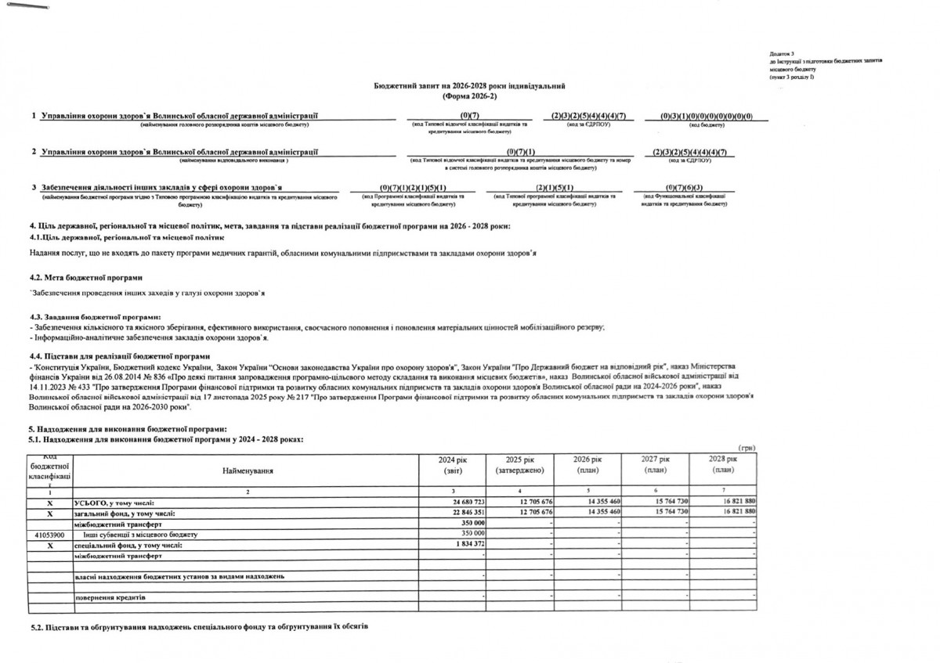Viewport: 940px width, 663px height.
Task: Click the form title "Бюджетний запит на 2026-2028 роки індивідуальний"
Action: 470,85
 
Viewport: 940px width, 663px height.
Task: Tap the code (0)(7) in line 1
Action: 469,117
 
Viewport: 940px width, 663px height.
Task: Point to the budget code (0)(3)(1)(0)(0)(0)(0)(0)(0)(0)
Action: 706,117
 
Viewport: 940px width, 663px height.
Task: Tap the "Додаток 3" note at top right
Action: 783,53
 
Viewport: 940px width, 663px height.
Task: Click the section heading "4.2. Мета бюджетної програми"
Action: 86,278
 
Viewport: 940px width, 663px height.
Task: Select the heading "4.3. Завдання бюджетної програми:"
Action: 94,316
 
